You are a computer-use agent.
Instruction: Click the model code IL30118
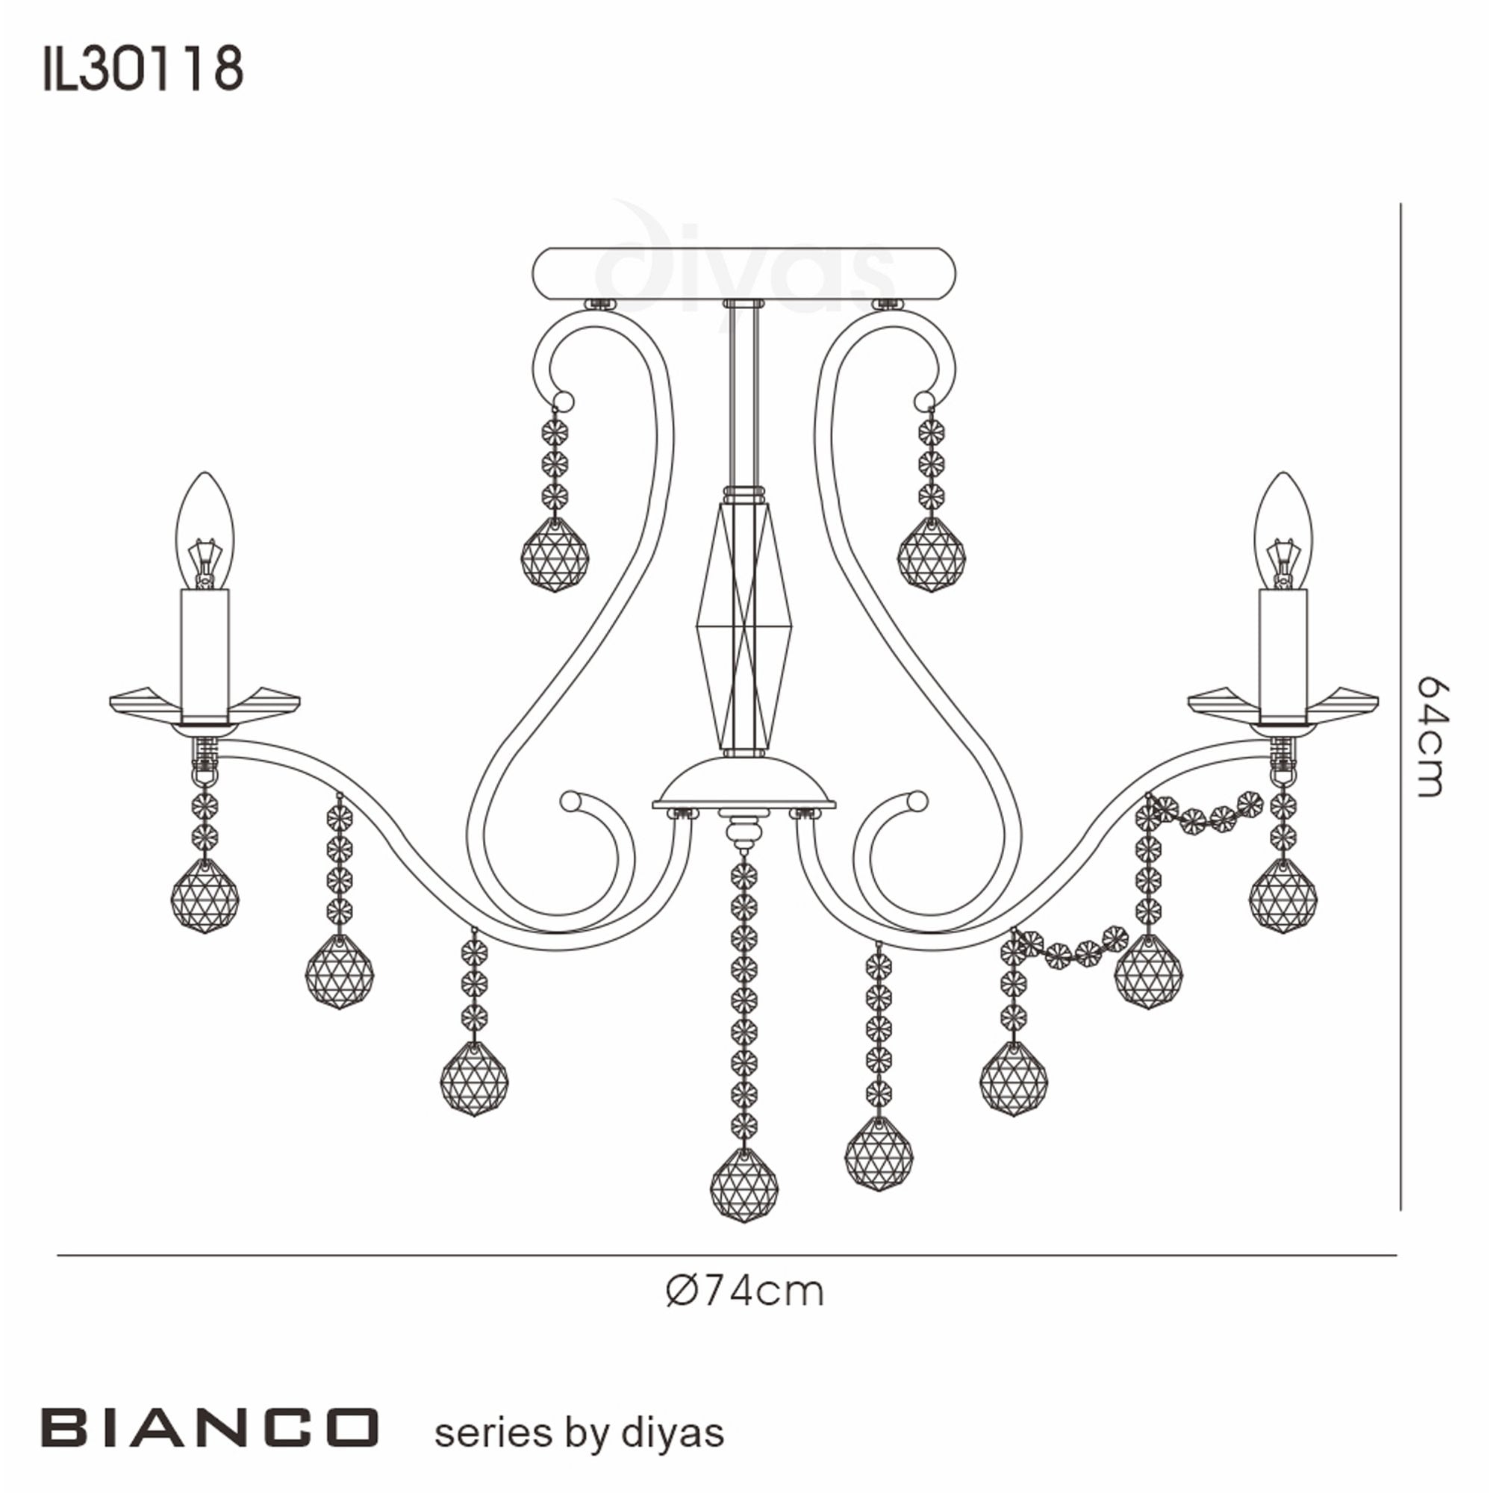point(143,69)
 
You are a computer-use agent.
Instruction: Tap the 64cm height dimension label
point(1430,736)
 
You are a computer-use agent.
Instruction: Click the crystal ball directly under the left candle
point(205,897)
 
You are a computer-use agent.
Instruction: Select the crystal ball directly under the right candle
point(1283,897)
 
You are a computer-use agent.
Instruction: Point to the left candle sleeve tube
point(205,654)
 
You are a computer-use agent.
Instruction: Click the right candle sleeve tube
point(1283,654)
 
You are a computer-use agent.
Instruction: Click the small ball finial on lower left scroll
point(570,801)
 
